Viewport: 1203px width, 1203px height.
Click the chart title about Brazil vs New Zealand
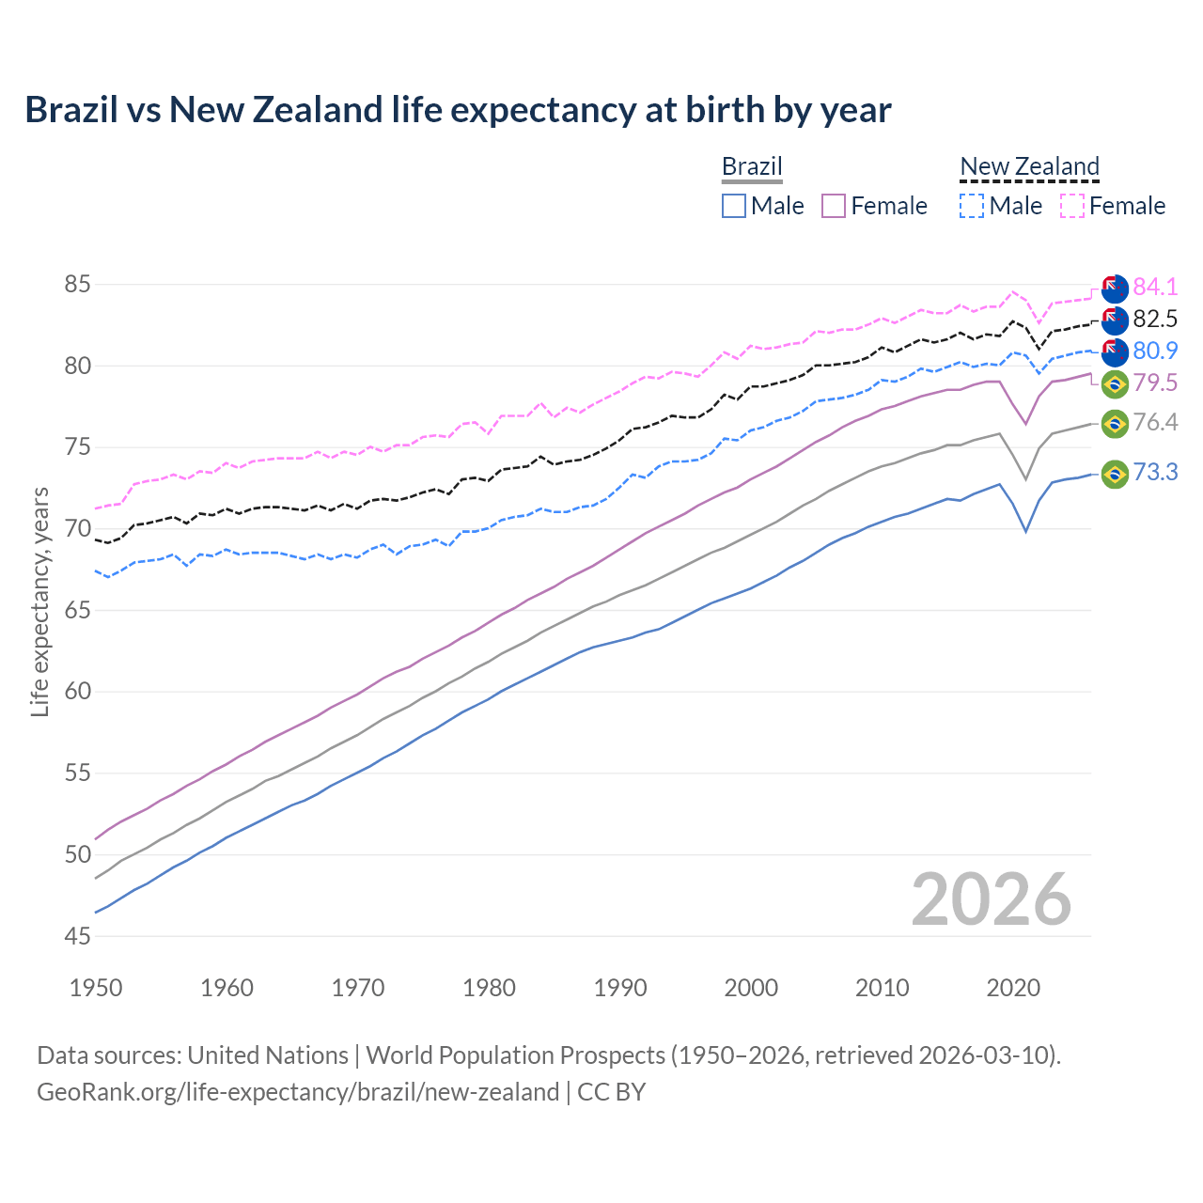458,110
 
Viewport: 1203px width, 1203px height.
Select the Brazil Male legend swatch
734,206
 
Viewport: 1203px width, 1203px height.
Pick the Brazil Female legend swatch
834,206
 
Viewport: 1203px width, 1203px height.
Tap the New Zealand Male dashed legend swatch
972,206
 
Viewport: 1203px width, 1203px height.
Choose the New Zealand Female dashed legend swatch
1072,206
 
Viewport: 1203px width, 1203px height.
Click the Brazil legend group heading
752,166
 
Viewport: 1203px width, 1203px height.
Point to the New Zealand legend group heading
1029,166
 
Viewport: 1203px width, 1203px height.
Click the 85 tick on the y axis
78,284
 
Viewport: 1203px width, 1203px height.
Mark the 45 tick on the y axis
78,936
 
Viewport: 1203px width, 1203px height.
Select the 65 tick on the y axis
78,610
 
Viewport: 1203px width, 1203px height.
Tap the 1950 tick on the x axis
96,988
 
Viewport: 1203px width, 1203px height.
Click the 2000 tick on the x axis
751,988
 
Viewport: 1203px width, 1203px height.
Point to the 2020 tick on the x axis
1013,988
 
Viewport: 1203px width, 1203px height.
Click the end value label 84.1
1155,287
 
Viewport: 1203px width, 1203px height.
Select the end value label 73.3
1155,472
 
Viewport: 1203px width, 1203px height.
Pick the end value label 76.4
1155,422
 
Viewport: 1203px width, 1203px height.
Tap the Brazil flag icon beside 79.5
1115,383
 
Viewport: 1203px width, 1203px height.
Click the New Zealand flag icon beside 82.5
1115,320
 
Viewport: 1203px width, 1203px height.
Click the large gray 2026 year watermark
991,899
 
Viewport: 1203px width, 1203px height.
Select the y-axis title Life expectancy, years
39,601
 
